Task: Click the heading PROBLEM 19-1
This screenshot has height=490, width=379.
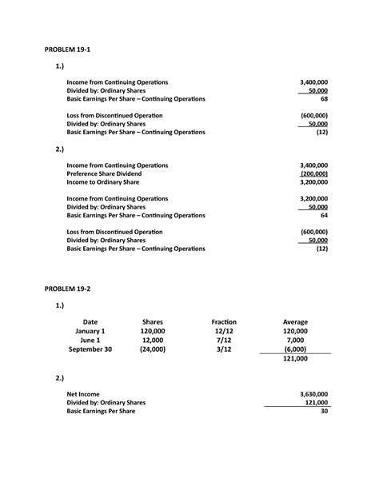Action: [x=70, y=49]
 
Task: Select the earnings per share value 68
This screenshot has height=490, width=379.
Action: [x=323, y=99]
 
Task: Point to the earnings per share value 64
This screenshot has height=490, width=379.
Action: [x=323, y=216]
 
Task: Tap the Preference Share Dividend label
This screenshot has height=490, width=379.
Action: [x=104, y=173]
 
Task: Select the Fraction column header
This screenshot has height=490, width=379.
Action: [x=224, y=322]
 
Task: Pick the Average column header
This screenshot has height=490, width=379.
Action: [x=295, y=322]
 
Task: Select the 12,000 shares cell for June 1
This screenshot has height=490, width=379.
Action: [x=152, y=341]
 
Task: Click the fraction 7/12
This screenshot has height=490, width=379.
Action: [x=224, y=341]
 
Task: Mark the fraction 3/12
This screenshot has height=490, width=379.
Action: [x=224, y=349]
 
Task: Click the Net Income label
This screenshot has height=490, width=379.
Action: [x=83, y=394]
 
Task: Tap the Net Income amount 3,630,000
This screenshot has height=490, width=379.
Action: [x=313, y=394]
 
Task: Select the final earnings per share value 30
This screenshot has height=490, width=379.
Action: [x=323, y=412]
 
